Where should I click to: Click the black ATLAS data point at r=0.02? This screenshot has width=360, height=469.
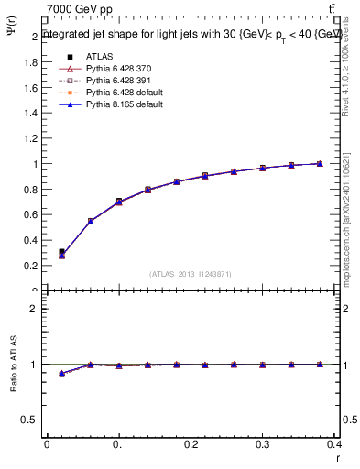[x=61, y=251]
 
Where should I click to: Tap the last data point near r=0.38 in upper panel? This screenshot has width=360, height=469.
[x=319, y=163]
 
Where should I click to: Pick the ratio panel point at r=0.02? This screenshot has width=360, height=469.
[x=61, y=374]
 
